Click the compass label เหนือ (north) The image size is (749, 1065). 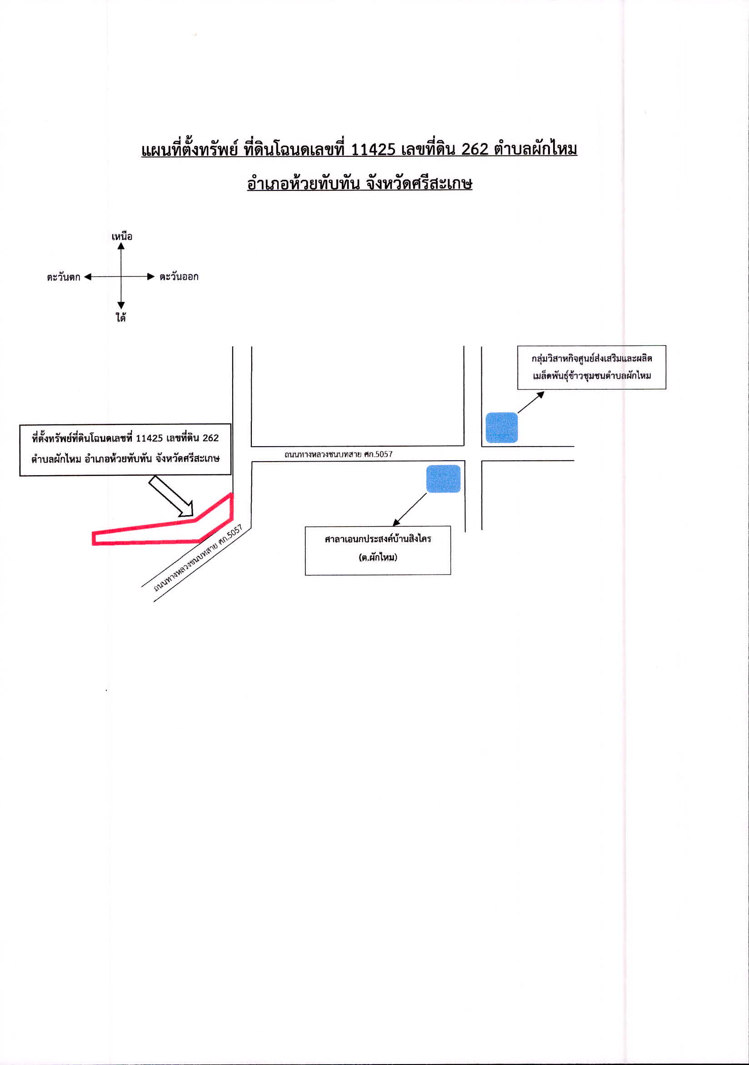122,236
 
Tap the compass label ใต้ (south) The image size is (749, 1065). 120,317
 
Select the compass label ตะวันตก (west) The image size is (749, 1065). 63,277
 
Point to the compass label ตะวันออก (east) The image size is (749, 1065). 179,276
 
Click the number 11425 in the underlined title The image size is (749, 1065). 373,149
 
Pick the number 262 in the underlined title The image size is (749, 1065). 475,149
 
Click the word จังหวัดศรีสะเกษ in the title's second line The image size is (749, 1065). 419,184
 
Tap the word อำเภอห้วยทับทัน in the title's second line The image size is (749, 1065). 303,184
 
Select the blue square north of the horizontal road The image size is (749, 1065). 501,427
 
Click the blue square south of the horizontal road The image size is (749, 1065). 443,478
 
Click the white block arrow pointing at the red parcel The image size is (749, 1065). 171,496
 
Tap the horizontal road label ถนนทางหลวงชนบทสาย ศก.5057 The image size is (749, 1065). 338,454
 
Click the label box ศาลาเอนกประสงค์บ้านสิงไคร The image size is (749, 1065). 378,551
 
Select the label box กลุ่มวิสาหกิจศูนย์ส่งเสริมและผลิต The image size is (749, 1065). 592,367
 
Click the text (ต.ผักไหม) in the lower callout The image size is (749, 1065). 378,557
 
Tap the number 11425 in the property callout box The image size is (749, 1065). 149,438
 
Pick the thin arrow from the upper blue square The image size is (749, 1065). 531,402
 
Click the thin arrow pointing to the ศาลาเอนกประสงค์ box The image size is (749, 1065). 409,510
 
